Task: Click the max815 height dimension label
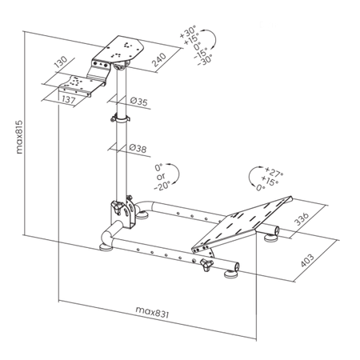point(19,137)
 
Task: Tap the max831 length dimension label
point(152,312)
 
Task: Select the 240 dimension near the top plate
point(159,60)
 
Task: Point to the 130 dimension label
point(61,62)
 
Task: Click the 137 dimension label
point(69,99)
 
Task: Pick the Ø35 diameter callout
point(138,102)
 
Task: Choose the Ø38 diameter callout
point(138,148)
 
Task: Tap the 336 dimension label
point(302,219)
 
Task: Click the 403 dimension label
point(307,260)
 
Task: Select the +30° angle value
point(188,31)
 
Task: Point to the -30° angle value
point(205,60)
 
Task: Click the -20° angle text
point(162,185)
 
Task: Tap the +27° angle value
point(274,173)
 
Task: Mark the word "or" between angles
point(161,177)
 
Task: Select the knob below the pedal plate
point(206,264)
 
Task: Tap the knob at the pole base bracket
point(118,207)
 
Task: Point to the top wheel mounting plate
point(118,50)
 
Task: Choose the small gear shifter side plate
point(82,85)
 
